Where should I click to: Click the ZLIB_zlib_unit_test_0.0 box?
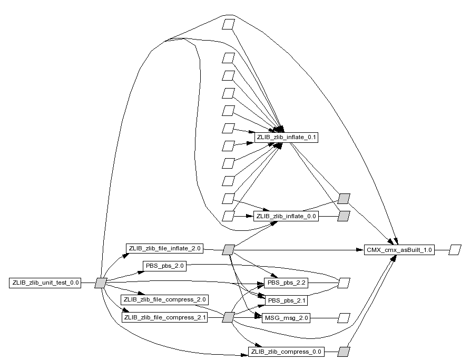[x=45, y=283]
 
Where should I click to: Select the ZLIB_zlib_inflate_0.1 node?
[x=286, y=137]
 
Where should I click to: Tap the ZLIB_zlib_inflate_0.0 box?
[x=286, y=216]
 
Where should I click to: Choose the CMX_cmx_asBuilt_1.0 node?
[x=399, y=250]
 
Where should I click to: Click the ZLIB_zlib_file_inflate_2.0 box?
[x=164, y=248]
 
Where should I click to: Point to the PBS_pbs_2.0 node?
[x=164, y=266]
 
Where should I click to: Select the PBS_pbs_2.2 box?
[x=286, y=283]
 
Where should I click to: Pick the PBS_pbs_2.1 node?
[x=286, y=300]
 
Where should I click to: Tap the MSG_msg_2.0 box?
[x=286, y=318]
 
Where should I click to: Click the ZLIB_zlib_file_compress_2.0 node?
[x=164, y=299]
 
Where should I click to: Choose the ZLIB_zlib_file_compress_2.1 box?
[x=164, y=317]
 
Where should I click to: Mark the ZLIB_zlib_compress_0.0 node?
[x=286, y=352]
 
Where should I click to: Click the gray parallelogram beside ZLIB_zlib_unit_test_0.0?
[x=101, y=283]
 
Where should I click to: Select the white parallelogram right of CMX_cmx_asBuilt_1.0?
[x=455, y=250]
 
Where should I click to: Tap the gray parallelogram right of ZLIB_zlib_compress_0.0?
[x=344, y=352]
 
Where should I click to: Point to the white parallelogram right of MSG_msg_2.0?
[x=344, y=318]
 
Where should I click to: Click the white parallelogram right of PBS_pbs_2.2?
[x=344, y=283]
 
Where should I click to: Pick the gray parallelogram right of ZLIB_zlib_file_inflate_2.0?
[x=228, y=250]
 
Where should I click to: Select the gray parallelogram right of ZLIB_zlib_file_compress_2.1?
[x=228, y=317]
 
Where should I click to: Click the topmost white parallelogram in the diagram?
[x=228, y=25]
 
